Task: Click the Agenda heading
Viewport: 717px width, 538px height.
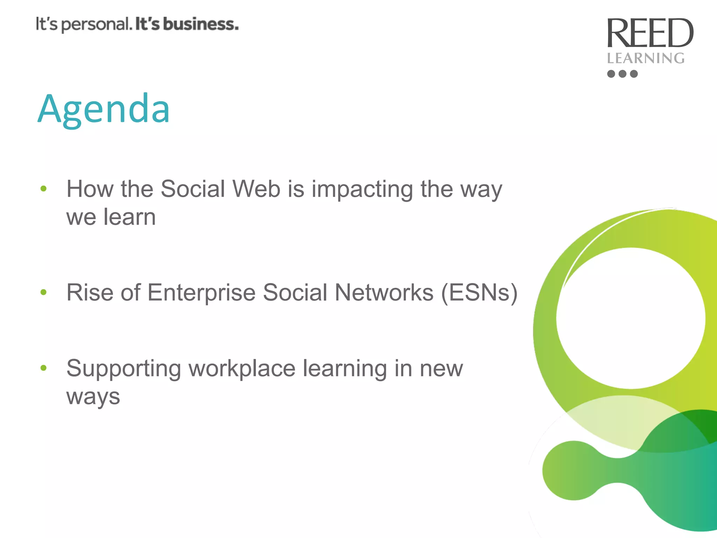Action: [104, 109]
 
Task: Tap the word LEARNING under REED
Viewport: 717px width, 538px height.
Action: [646, 58]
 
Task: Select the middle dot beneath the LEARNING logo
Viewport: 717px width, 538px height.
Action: [622, 74]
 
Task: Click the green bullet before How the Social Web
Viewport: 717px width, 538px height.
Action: [43, 189]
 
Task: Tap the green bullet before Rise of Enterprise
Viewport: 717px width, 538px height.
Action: [43, 292]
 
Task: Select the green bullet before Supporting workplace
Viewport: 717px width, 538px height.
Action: [43, 368]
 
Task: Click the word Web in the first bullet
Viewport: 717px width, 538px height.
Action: [257, 189]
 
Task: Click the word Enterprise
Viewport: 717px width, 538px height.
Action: [202, 292]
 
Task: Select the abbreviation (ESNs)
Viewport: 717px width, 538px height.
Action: [479, 292]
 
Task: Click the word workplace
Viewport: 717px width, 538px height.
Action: [242, 368]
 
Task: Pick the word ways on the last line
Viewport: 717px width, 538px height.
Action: [93, 397]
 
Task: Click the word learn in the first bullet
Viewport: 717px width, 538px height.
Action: [130, 217]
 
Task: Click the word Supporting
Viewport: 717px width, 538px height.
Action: [124, 369]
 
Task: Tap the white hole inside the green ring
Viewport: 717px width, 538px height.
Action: [631, 318]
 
